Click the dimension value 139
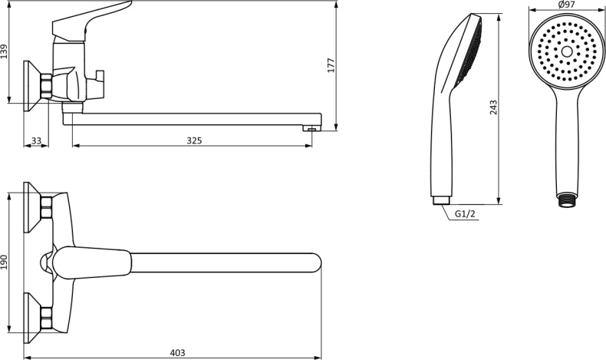point(5,51)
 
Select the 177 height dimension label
point(331,66)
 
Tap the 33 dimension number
point(36,140)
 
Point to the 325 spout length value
point(194,140)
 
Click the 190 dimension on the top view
point(5,263)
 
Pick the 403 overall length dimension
point(177,353)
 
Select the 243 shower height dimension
point(493,107)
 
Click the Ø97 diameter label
point(567,5)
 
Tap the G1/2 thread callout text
point(465,214)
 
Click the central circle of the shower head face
point(567,51)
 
